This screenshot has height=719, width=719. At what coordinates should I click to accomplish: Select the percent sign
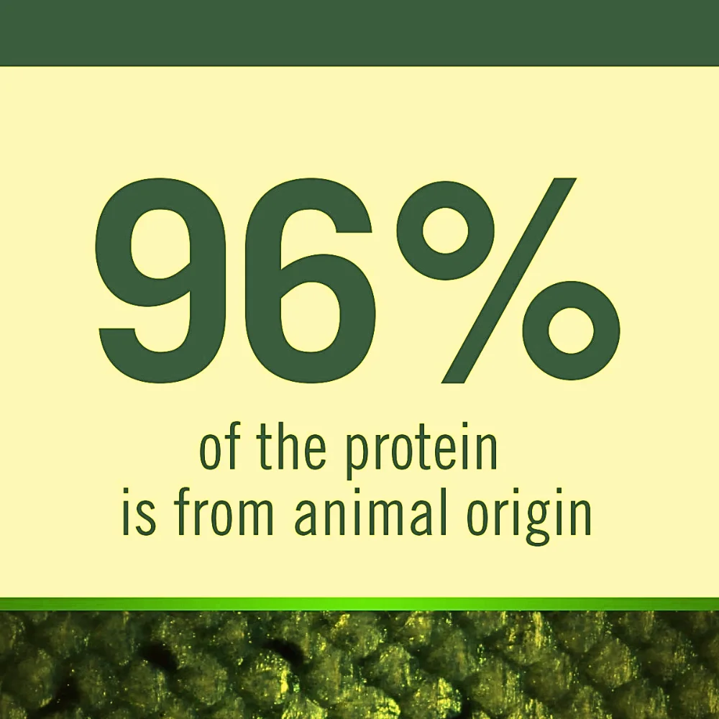click(x=508, y=280)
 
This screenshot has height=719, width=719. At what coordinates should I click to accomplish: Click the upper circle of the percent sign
click(x=445, y=231)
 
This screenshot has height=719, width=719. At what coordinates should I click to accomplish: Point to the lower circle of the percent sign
click(x=571, y=330)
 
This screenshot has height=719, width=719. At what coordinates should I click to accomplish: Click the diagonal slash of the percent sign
click(x=508, y=280)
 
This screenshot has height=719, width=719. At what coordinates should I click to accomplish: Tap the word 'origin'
click(x=528, y=516)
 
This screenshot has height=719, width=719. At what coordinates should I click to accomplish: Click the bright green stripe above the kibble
click(x=359, y=604)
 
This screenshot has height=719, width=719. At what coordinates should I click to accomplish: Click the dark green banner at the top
click(x=359, y=32)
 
